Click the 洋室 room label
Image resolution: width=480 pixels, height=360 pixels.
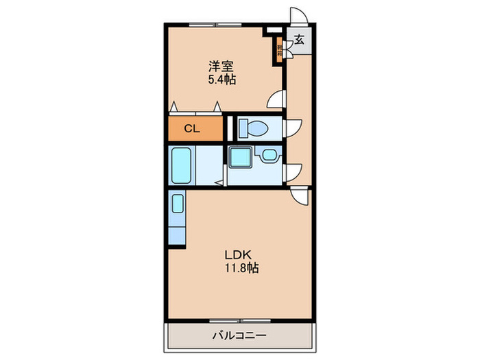(x=221, y=67)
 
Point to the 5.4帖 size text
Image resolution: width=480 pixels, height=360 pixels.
(x=221, y=80)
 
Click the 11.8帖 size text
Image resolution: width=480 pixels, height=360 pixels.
(x=240, y=268)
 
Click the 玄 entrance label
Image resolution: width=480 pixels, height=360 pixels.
(x=300, y=40)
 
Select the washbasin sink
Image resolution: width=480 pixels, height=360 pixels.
(x=266, y=157)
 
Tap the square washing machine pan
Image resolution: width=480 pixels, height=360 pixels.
(x=240, y=157)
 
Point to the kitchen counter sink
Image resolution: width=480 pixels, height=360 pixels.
(x=178, y=204)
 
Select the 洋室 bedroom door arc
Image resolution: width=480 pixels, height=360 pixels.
(x=277, y=99)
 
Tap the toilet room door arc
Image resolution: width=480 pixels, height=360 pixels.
(x=293, y=128)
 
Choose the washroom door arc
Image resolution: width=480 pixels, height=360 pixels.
(x=293, y=171)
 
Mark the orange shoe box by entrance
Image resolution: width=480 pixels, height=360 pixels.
(x=280, y=49)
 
